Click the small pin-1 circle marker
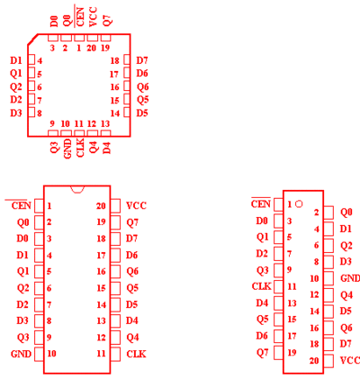299,204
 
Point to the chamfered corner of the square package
32,40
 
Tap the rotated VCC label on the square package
94,17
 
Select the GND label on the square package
67,149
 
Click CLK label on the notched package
136,354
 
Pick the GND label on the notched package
21,354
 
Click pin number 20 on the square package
91,48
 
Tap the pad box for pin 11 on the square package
79,133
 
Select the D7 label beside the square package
142,60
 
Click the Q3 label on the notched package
23,338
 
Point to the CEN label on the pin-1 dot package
261,204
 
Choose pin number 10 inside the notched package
51,354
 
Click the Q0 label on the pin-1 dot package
346,212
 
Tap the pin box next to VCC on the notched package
115,206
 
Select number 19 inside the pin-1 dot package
292,352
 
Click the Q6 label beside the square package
143,87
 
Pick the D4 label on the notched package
131,320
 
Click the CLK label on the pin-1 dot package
262,286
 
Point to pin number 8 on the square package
40,113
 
